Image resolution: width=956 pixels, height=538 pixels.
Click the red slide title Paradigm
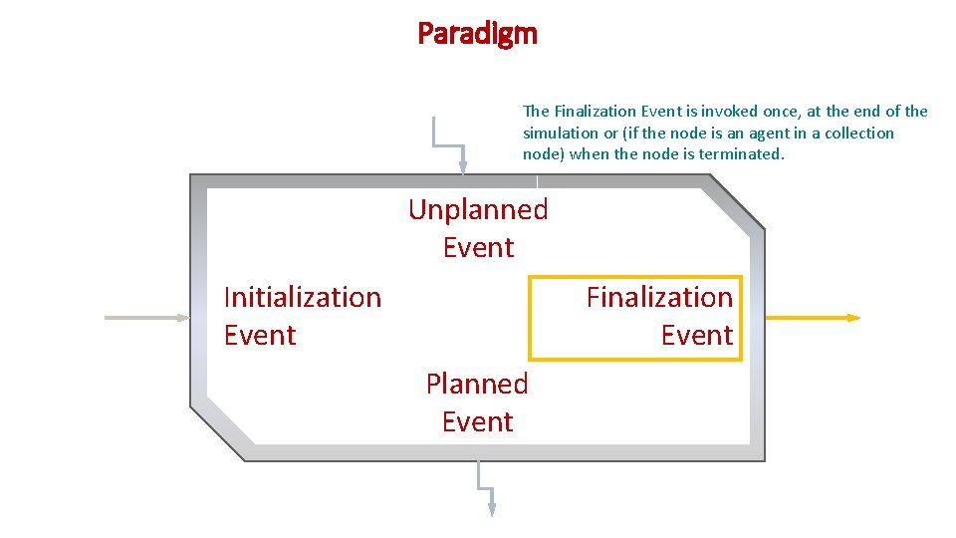tap(477, 35)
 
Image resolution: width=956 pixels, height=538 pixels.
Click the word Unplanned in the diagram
tap(478, 209)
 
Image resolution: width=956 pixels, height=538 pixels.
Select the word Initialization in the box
tap(303, 297)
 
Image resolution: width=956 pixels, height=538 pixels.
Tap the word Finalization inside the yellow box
tap(659, 297)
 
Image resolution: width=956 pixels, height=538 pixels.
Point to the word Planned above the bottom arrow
tap(477, 384)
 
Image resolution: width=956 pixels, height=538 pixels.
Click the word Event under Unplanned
tap(478, 247)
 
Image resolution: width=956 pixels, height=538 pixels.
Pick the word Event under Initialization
tap(260, 335)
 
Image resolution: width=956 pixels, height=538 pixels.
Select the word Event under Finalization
tap(697, 335)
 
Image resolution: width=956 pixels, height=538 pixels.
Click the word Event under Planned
tap(477, 421)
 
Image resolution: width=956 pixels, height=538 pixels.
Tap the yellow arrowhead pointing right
tap(853, 318)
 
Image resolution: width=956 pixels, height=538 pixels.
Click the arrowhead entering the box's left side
tap(183, 318)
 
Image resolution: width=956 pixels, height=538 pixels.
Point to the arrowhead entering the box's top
tap(462, 168)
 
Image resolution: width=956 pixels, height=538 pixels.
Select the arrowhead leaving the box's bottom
tap(491, 508)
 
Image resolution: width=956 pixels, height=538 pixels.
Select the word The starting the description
tap(535, 112)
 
